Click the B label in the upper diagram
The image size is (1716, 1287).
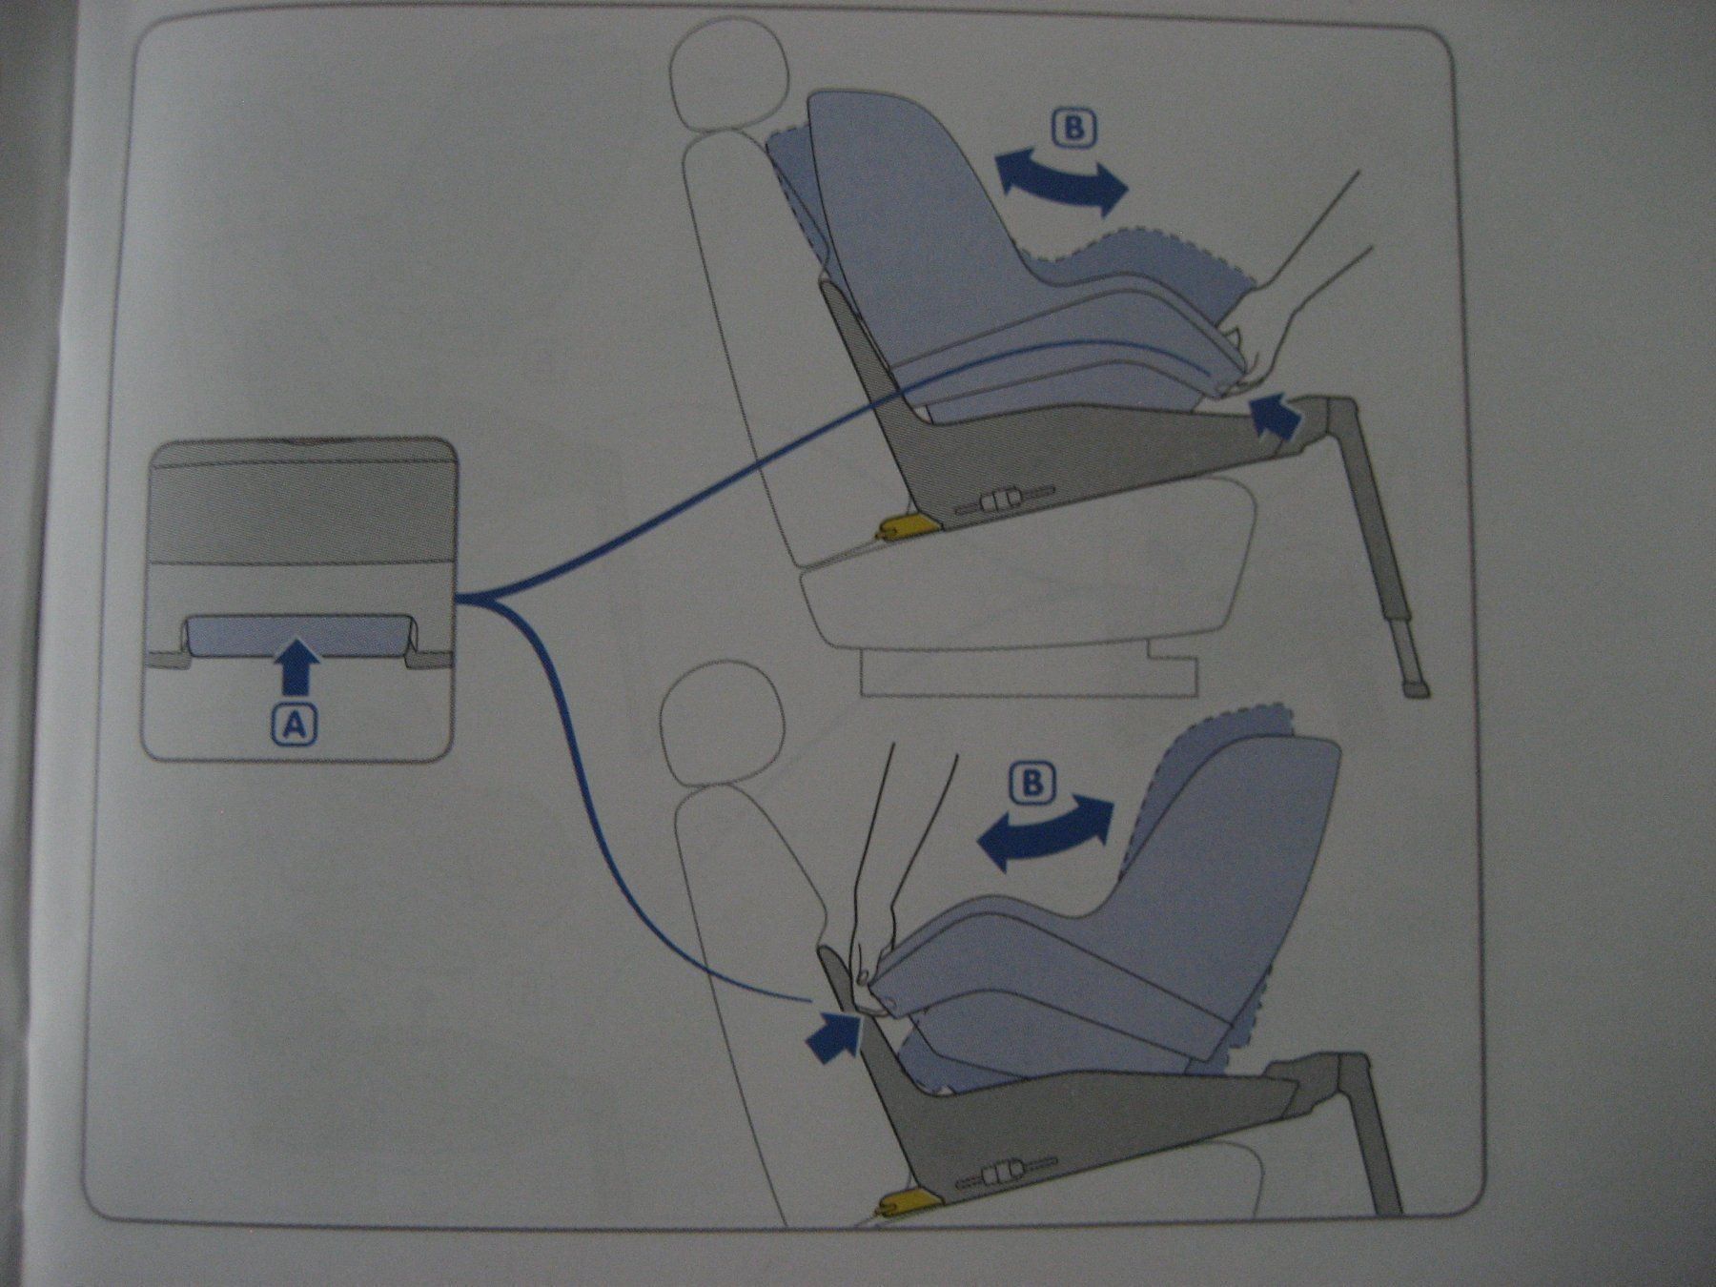click(1073, 129)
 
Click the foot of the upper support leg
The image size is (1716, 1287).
click(1416, 687)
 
